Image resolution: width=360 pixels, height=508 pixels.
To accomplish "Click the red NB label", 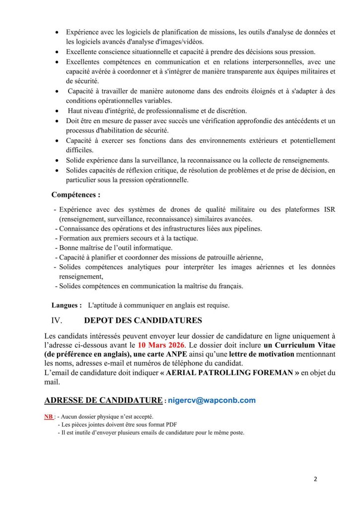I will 49,416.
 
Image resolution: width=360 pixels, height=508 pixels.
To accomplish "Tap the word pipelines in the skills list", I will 246,228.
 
